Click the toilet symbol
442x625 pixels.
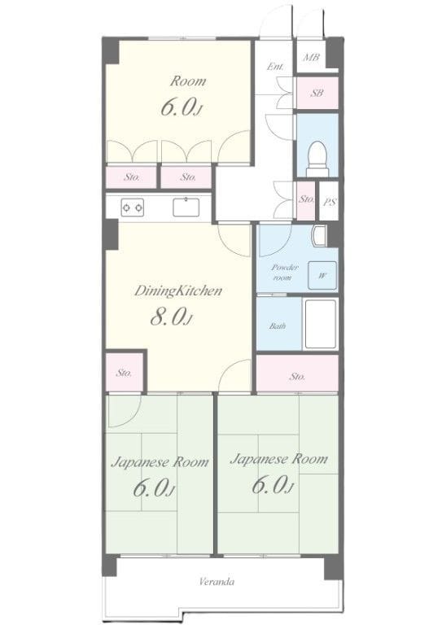(317, 159)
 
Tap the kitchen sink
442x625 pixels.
(186, 208)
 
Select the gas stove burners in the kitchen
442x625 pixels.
(133, 208)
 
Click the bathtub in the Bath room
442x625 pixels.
(321, 324)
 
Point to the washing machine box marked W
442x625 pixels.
(322, 275)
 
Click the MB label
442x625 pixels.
(311, 58)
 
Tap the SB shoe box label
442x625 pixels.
(317, 94)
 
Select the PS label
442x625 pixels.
(329, 202)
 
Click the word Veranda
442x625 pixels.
(217, 582)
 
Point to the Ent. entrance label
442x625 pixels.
(275, 67)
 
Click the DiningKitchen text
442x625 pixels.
(177, 291)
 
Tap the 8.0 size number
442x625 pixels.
(168, 317)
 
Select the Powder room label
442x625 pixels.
(284, 273)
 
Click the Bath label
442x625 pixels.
(278, 326)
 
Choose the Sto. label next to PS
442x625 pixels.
(306, 199)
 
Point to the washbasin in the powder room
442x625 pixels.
(319, 236)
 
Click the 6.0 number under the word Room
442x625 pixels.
(178, 107)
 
